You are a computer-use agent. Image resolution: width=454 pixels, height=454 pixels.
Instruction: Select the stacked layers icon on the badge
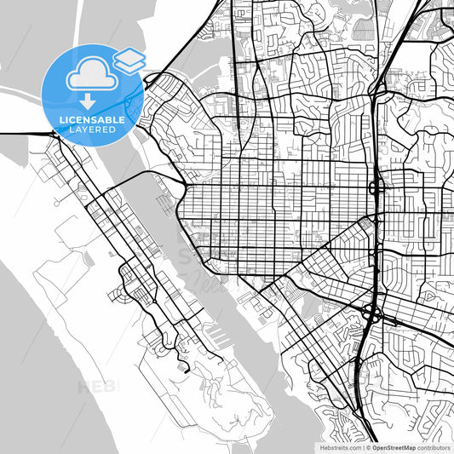(x=129, y=60)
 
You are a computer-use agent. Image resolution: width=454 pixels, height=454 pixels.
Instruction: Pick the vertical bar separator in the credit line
(x=361, y=447)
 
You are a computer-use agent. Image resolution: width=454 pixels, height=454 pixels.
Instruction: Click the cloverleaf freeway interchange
(x=372, y=313)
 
